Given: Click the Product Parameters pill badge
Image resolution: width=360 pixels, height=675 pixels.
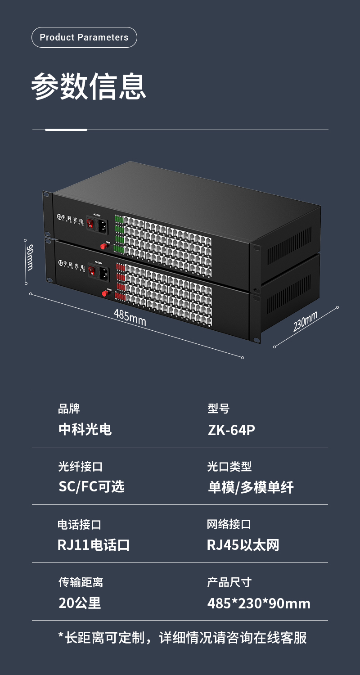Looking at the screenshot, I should [x=84, y=37].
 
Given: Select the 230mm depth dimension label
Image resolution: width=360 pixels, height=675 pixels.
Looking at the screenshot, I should [x=305, y=321].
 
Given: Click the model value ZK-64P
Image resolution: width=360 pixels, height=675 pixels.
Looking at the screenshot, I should [x=231, y=430].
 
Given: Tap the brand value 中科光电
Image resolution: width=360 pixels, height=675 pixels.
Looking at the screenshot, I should [x=85, y=429].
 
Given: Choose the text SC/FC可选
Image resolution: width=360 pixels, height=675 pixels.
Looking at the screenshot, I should [x=91, y=486].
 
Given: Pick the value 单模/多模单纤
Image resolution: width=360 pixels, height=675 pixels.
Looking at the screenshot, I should [x=251, y=487].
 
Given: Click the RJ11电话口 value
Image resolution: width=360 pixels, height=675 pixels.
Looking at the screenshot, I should [x=94, y=545].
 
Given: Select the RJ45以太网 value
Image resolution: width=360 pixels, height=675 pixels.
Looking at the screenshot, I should [x=243, y=545].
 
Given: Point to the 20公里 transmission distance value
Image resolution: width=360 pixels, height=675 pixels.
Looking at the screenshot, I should [x=80, y=603].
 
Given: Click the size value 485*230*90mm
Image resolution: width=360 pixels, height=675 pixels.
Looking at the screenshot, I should [x=259, y=603].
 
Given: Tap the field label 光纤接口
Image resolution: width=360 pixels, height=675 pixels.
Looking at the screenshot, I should [x=81, y=467].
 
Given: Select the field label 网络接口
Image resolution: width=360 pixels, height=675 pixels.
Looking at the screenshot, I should [x=229, y=524].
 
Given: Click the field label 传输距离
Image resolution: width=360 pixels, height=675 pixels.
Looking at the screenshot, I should [x=81, y=582].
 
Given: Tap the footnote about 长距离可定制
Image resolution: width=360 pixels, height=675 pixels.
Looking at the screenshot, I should [x=183, y=638].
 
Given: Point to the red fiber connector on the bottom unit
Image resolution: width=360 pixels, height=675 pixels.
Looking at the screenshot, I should [x=105, y=293].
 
